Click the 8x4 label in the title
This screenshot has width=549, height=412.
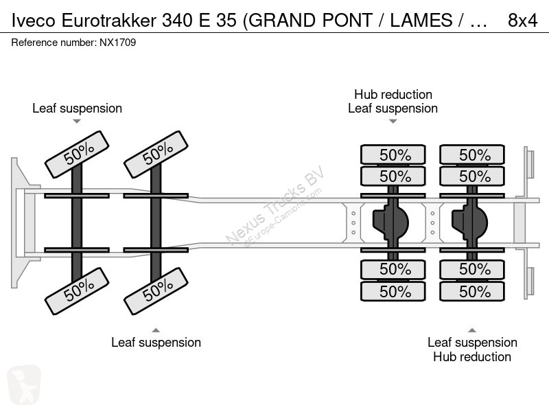(522, 21)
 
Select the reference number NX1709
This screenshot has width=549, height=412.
(117, 43)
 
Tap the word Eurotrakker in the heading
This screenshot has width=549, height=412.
(109, 21)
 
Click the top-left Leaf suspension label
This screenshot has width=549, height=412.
(77, 108)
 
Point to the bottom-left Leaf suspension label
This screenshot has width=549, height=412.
(156, 342)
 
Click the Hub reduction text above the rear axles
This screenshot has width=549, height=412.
(393, 94)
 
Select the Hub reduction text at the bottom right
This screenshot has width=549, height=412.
(472, 356)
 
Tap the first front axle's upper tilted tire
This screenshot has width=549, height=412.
(77, 154)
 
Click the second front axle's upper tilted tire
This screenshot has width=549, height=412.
(156, 154)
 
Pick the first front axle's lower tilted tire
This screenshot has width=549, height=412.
(77, 291)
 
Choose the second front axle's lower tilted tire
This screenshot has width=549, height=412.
(156, 291)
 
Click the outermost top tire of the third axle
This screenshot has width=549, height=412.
(393, 154)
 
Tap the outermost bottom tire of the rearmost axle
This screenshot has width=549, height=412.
(472, 291)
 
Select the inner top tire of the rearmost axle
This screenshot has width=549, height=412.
(472, 176)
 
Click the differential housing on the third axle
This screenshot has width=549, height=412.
(390, 222)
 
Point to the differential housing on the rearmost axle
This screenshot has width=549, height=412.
(469, 222)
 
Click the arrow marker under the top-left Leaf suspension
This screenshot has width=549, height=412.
(77, 122)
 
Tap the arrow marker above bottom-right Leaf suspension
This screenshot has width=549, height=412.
(472, 330)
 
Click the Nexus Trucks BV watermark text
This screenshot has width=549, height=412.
(275, 205)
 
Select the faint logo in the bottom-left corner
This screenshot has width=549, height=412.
(24, 385)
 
